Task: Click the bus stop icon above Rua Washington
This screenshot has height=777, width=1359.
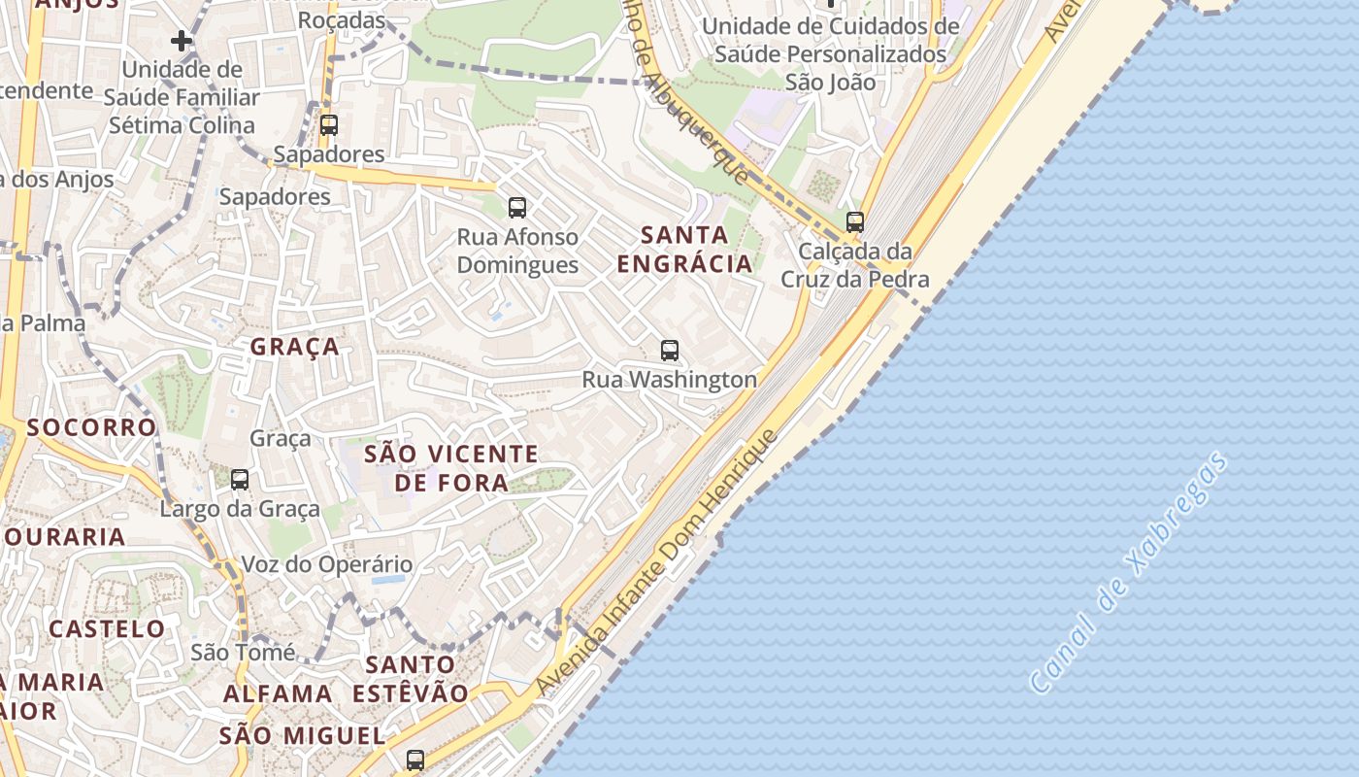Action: click(x=669, y=351)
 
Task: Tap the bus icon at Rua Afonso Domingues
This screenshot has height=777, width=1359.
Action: click(x=517, y=207)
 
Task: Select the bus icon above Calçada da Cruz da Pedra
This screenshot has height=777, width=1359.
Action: click(x=854, y=222)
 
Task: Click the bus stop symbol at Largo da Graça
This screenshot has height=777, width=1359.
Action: click(x=240, y=480)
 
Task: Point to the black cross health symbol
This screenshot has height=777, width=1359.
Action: click(x=181, y=41)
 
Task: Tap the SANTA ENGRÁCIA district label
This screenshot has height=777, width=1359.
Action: click(x=684, y=249)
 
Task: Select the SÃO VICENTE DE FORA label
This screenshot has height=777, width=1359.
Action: click(x=451, y=468)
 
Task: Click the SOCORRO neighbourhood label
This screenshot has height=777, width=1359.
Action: click(x=91, y=427)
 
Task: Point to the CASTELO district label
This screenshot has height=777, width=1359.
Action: click(x=108, y=628)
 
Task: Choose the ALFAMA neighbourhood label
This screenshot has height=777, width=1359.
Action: click(x=279, y=693)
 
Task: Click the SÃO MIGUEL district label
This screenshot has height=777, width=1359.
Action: click(x=302, y=735)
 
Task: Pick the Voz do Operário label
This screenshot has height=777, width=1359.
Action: click(x=326, y=564)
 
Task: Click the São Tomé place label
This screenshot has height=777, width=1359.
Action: click(x=243, y=652)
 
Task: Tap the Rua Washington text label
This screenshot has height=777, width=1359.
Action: click(x=669, y=379)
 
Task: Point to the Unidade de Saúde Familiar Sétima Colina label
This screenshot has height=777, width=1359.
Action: click(x=182, y=97)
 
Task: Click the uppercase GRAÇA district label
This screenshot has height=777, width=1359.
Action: click(x=295, y=347)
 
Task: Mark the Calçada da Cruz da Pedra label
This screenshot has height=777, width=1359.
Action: click(x=855, y=265)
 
